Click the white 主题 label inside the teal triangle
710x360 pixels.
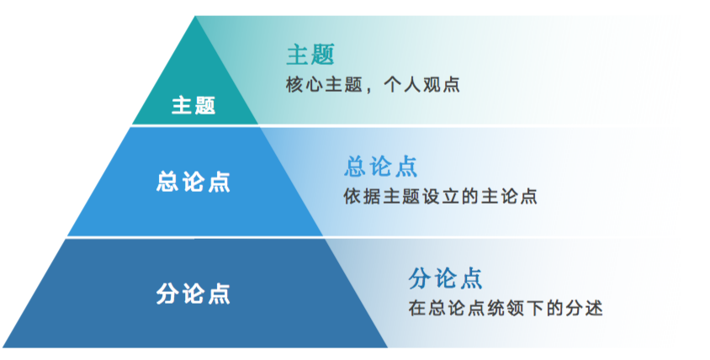tap(193, 105)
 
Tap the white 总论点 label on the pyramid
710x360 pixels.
tap(193, 182)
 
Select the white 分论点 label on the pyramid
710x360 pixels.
tap(193, 294)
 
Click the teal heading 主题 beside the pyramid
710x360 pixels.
tap(310, 55)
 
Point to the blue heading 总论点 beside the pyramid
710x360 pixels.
tap(381, 167)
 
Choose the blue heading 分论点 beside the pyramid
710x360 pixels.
tap(446, 278)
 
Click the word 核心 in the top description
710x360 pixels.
tap(304, 85)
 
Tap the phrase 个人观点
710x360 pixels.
tap(421, 85)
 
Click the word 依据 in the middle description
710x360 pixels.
tap(362, 197)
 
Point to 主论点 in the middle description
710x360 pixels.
tap(509, 197)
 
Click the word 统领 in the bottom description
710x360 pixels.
tap(505, 309)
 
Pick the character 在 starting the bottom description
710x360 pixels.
tap(416, 309)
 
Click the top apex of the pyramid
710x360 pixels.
tap(195, 16)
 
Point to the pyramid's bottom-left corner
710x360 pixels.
tap(3, 347)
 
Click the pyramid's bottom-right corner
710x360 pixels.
tap(388, 347)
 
